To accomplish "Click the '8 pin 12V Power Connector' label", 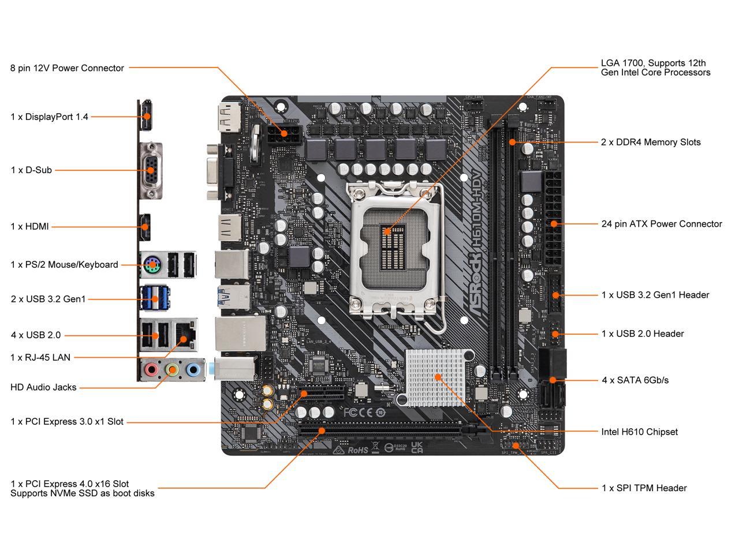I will click(x=67, y=68).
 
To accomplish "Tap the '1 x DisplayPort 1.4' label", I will click(x=49, y=117).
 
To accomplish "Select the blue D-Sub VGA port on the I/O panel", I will click(x=151, y=170).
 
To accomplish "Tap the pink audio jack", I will click(x=151, y=369).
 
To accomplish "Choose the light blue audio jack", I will click(x=193, y=369).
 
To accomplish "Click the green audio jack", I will click(x=172, y=369).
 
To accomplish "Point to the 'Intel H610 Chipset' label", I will click(x=639, y=432).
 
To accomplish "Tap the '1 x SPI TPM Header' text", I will click(x=644, y=488).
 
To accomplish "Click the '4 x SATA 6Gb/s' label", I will click(x=635, y=380).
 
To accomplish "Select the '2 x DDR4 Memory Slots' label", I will click(x=651, y=142).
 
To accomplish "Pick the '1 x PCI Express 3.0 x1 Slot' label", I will click(x=67, y=422).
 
